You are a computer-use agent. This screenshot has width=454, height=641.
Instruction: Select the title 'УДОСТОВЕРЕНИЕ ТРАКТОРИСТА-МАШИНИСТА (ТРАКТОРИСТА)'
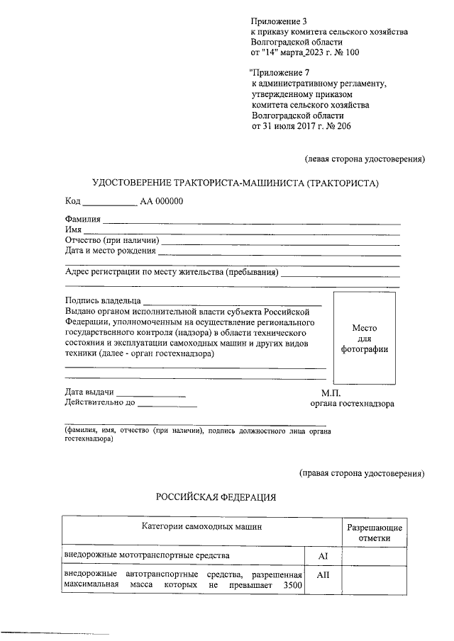[x=236, y=183]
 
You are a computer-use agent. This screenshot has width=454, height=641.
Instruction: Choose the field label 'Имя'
[x=73, y=229]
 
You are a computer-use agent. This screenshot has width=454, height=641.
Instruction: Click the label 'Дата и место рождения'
[x=110, y=250]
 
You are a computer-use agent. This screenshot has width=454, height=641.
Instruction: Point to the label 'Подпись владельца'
[x=103, y=300]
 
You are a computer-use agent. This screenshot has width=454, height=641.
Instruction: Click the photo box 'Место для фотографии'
[x=364, y=339]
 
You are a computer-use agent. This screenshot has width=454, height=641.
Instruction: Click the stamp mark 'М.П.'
[x=331, y=392]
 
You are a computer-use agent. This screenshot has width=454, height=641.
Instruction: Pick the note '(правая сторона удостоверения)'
[x=361, y=472]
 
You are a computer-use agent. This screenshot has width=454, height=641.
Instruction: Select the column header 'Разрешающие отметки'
[x=374, y=533]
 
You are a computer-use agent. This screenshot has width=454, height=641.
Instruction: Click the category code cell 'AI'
[x=323, y=556]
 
